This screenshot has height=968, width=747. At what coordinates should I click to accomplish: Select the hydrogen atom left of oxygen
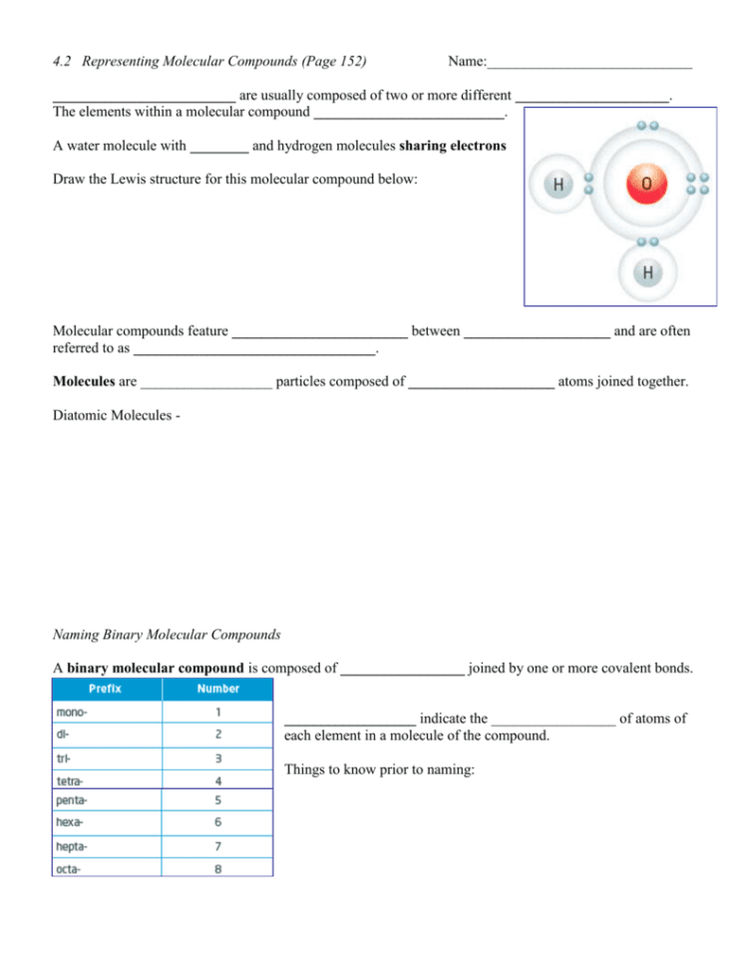559,185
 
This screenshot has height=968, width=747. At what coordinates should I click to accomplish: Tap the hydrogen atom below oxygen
647,271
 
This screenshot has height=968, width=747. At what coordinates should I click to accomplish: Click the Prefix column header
106,689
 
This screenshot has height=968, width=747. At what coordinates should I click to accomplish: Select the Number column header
216,689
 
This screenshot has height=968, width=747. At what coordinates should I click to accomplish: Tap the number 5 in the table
217,800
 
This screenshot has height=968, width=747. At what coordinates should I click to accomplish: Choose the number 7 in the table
217,846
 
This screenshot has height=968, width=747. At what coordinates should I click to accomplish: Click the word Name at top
466,62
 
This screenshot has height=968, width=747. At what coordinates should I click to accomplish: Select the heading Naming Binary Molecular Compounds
166,634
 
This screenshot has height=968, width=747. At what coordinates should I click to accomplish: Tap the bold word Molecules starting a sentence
84,381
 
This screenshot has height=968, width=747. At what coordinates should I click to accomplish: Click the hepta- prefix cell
74,846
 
